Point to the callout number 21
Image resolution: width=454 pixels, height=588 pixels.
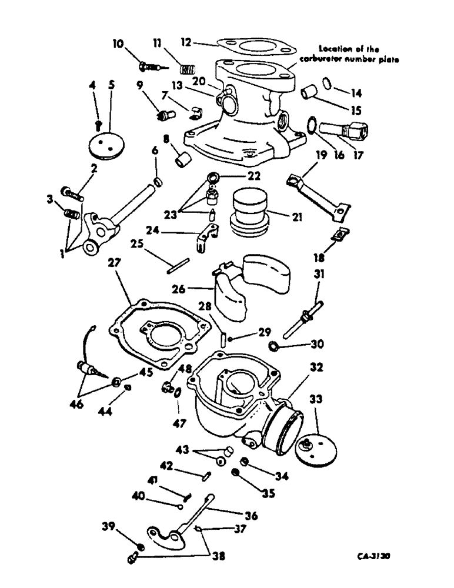pos(296,218)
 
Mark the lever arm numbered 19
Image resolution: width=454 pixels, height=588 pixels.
pos(315,193)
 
